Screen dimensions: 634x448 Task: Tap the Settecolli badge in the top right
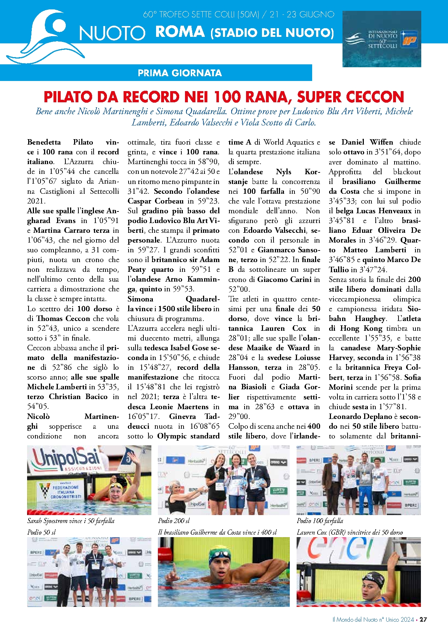click(x=382, y=39)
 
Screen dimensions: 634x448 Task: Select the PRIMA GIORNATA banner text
click(x=180, y=73)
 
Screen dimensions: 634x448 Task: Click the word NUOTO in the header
click(x=112, y=33)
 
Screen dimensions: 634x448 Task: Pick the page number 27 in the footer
click(x=423, y=619)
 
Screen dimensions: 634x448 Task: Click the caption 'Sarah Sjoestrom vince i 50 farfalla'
click(x=71, y=521)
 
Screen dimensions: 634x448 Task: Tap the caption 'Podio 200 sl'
click(x=174, y=521)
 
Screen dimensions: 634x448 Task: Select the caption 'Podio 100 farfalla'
click(x=320, y=521)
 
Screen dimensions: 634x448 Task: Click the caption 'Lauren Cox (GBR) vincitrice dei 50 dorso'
click(x=350, y=532)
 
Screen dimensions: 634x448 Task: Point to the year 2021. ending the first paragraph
click(x=36, y=201)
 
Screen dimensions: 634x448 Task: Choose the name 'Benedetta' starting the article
click(x=44, y=142)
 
